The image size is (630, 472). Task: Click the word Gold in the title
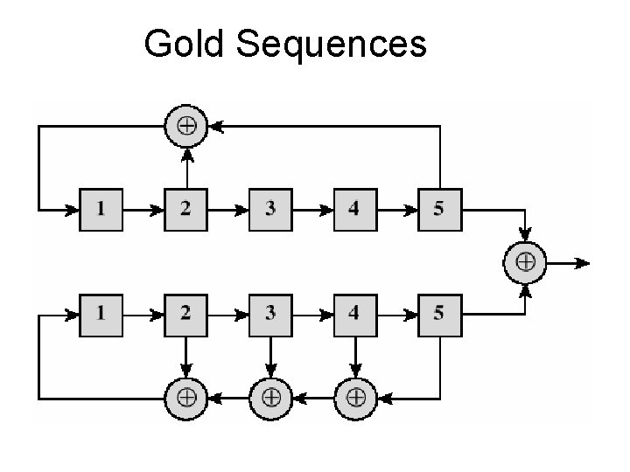pyautogui.click(x=184, y=43)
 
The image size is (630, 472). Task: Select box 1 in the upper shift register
pyautogui.click(x=101, y=210)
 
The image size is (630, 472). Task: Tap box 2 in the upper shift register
pyautogui.click(x=186, y=210)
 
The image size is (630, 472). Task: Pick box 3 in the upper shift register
pyautogui.click(x=270, y=210)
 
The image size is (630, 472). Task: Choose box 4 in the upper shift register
pyautogui.click(x=354, y=210)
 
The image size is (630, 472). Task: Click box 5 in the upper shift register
pyautogui.click(x=438, y=210)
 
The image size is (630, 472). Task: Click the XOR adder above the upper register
pyautogui.click(x=186, y=126)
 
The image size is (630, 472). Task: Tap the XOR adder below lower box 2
pyautogui.click(x=186, y=398)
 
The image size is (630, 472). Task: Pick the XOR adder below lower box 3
pyautogui.click(x=270, y=398)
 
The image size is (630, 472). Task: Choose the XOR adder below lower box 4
pyautogui.click(x=354, y=398)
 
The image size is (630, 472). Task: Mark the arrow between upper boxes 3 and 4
pyautogui.click(x=312, y=210)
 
